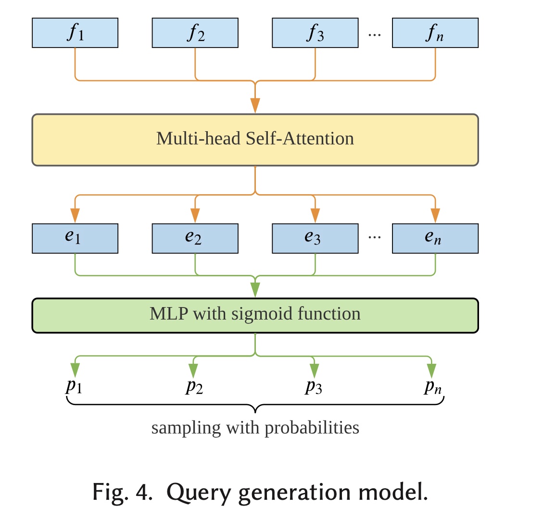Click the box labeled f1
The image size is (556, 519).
click(75, 33)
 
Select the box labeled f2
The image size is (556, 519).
click(195, 33)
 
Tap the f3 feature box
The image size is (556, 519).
click(315, 33)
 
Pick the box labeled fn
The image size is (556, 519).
click(435, 33)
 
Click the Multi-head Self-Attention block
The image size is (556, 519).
click(255, 140)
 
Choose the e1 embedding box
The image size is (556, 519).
click(75, 238)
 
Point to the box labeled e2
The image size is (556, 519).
click(195, 238)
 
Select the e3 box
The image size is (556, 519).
click(315, 238)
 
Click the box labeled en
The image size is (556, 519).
click(435, 238)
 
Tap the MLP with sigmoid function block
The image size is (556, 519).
click(255, 315)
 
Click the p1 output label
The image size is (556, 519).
click(74, 386)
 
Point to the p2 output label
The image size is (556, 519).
click(194, 386)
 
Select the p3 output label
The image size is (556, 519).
click(314, 386)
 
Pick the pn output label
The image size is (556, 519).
click(432, 386)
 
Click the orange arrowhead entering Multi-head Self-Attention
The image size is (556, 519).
click(255, 106)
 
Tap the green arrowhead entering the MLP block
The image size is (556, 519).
click(255, 290)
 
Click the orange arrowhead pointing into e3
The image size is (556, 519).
click(315, 216)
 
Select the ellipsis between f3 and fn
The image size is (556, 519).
click(375, 35)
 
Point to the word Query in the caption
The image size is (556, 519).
click(199, 492)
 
